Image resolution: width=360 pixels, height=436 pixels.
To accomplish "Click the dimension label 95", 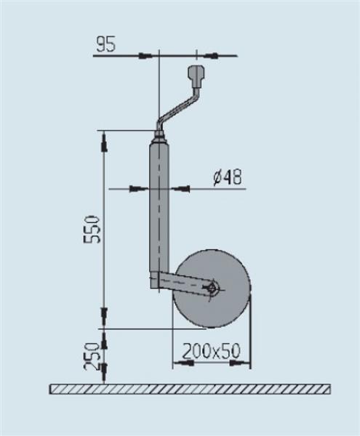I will coord(105,44).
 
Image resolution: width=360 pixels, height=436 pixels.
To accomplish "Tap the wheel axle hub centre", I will coord(212,288).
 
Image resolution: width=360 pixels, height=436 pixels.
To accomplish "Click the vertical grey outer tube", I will coord(159,211).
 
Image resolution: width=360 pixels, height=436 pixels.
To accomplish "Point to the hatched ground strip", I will coord(189,389).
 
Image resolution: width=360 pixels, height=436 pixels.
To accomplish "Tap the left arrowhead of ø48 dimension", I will coord(138,190).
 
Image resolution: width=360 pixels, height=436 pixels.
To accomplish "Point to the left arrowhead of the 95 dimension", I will coord(148,55).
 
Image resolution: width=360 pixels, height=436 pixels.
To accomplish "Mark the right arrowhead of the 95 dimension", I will coord(207,55).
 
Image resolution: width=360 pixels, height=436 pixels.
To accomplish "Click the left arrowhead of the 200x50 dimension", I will coord(177,361).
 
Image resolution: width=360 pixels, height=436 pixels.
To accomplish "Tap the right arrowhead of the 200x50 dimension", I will coord(245,361).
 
